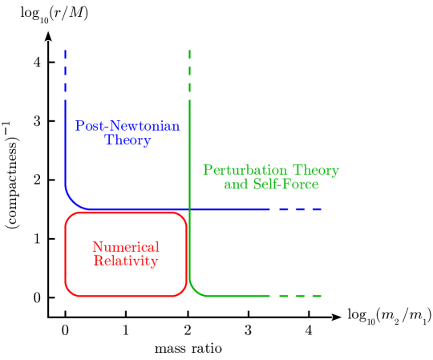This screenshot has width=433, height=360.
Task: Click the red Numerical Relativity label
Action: pos(126,254)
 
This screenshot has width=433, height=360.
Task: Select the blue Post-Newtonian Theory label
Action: pos(127,133)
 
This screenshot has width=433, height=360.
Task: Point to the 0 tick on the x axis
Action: pos(65,330)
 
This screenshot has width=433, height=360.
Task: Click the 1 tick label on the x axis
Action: pos(126,330)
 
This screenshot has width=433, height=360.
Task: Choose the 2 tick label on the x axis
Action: pos(187,330)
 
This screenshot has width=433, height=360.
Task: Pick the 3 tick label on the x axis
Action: pos(248,330)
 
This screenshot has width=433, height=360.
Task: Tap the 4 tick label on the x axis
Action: pos(309,330)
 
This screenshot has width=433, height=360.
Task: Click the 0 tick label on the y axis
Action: pos(36,297)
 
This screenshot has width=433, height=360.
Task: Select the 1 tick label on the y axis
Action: pos(36,239)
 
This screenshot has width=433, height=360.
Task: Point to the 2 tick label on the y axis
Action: pos(36,180)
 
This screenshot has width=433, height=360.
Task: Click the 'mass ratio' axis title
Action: pos(187,350)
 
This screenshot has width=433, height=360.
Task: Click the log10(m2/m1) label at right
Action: pos(388,318)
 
